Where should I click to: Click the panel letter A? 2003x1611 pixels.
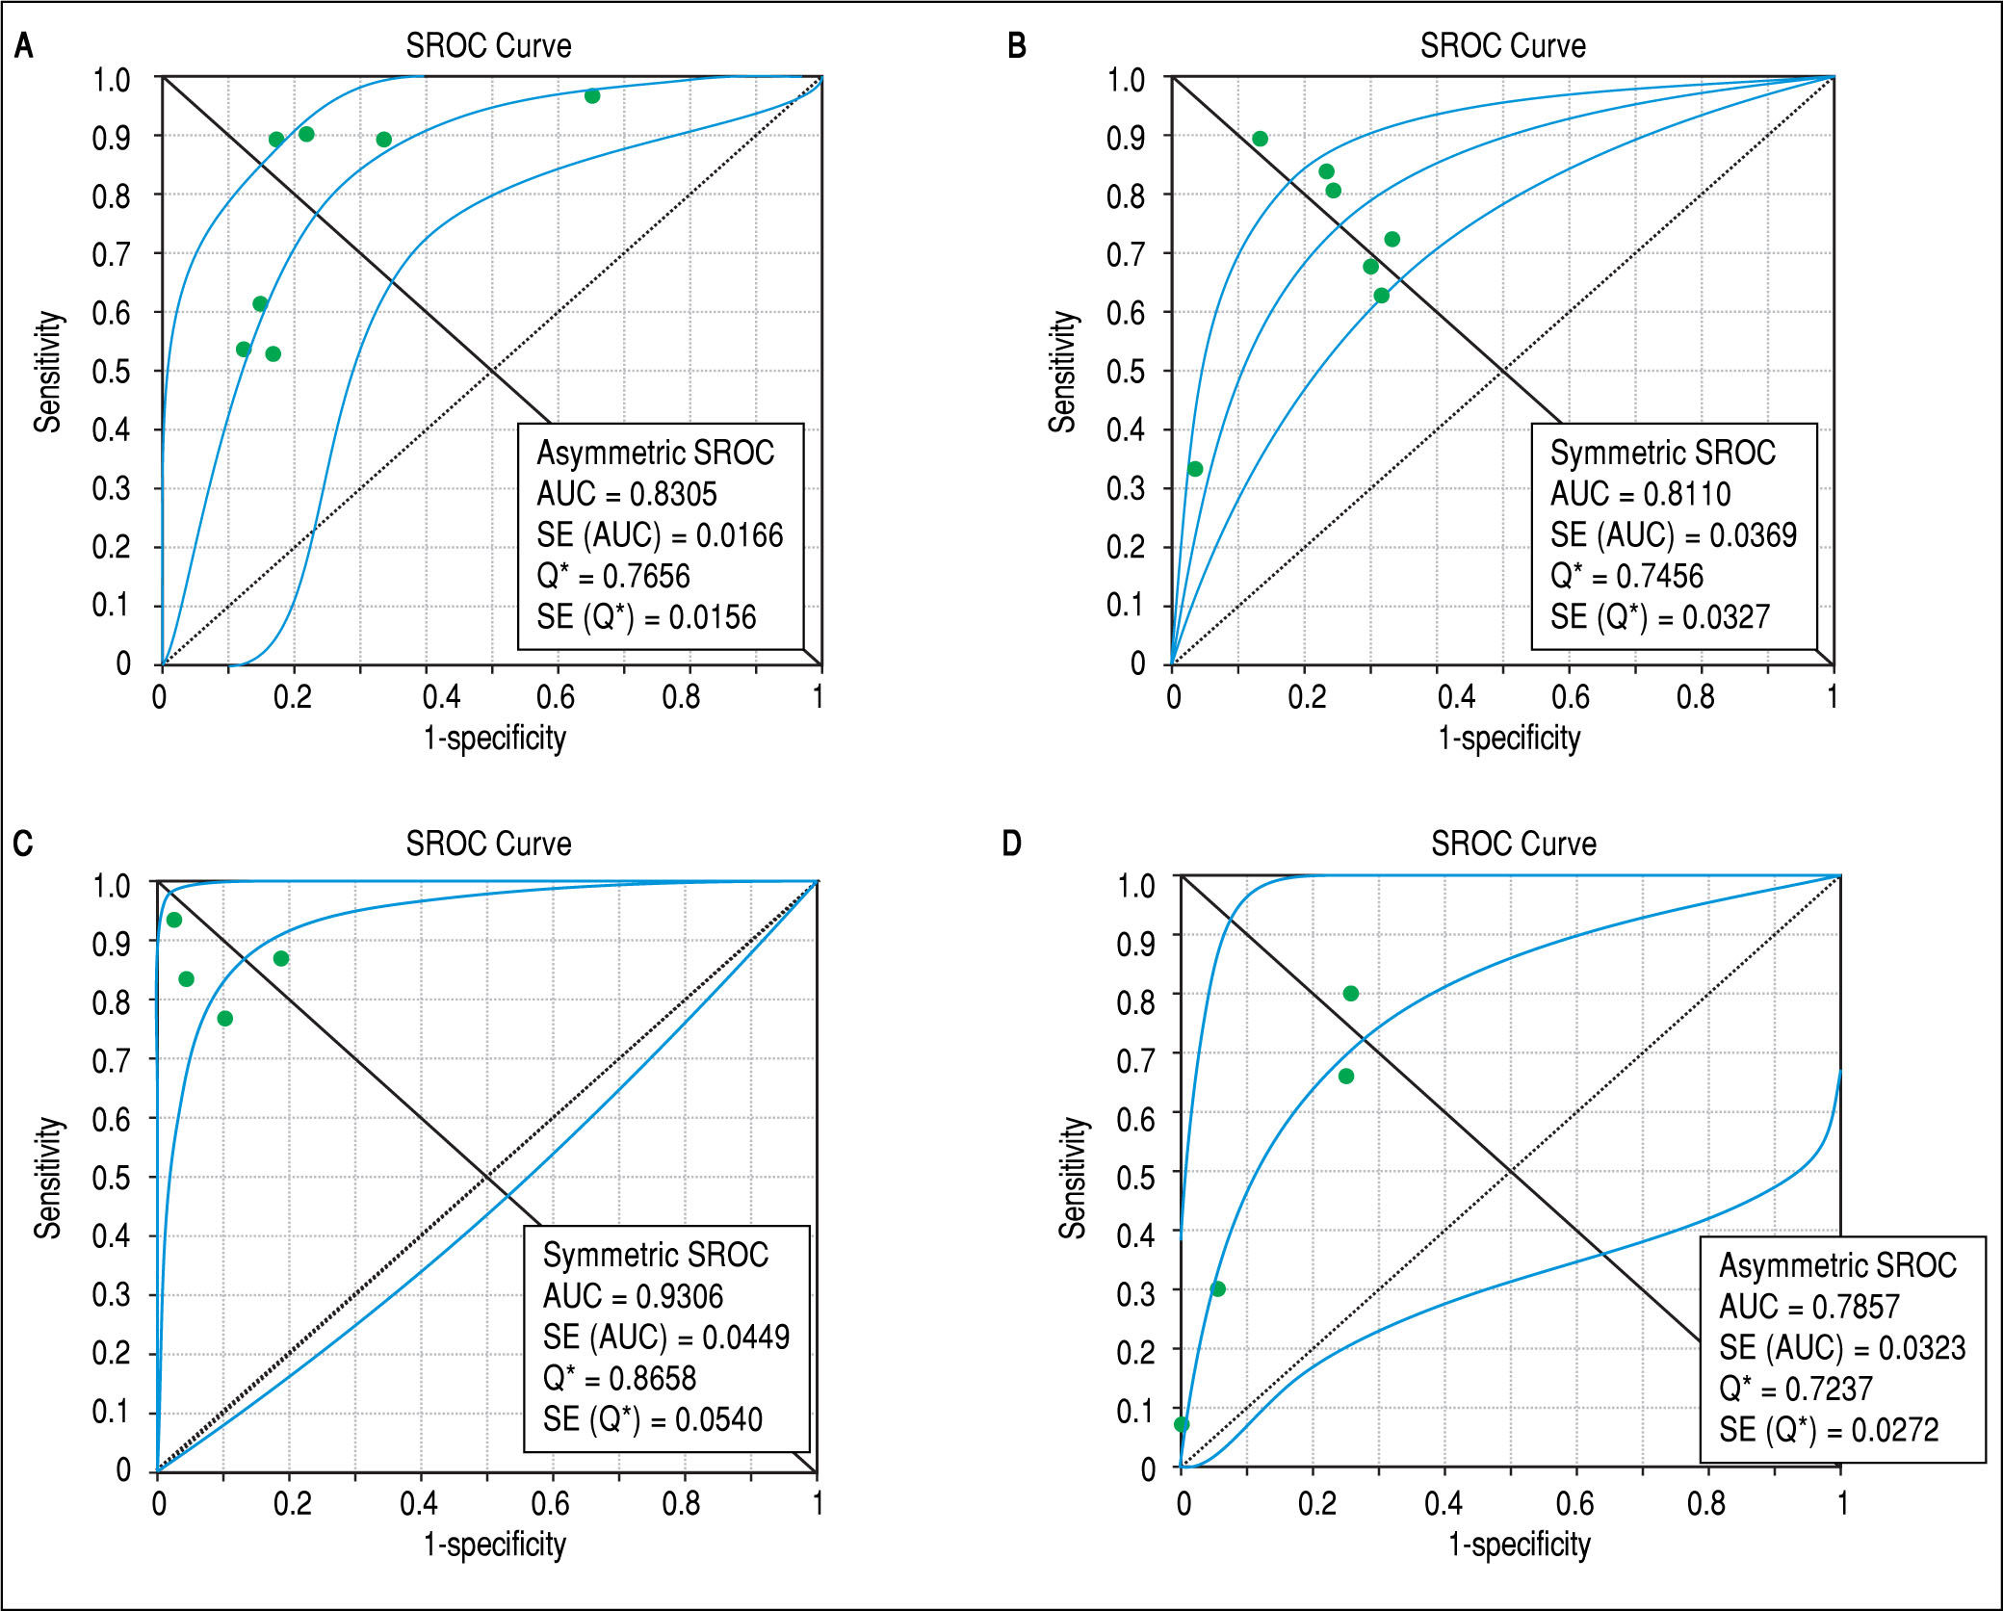24,46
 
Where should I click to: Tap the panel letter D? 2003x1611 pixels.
1011,844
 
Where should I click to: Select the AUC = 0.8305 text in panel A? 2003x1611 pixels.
626,494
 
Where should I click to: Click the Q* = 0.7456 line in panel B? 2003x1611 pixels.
1626,576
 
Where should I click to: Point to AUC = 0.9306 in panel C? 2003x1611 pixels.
632,1296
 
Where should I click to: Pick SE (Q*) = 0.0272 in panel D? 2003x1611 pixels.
1829,1430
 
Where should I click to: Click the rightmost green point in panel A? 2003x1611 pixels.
592,96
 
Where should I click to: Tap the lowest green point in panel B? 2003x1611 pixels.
1195,469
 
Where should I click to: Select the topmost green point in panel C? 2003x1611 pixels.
174,920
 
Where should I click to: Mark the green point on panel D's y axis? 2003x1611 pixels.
1182,1424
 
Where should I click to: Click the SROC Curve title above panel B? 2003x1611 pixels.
1502,46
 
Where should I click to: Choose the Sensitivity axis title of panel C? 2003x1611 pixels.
48,1177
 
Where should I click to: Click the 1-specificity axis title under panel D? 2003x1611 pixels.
1519,1544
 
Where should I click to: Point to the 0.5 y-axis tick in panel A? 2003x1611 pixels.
112,372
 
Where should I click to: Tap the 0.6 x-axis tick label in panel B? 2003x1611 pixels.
1570,697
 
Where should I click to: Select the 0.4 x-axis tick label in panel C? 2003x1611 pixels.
419,1503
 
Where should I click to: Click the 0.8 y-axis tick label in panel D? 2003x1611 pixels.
1135,1002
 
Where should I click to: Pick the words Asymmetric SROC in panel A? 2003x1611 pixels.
655,453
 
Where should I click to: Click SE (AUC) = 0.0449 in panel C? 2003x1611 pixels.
665,1338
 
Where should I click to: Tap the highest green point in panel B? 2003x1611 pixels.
1260,139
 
